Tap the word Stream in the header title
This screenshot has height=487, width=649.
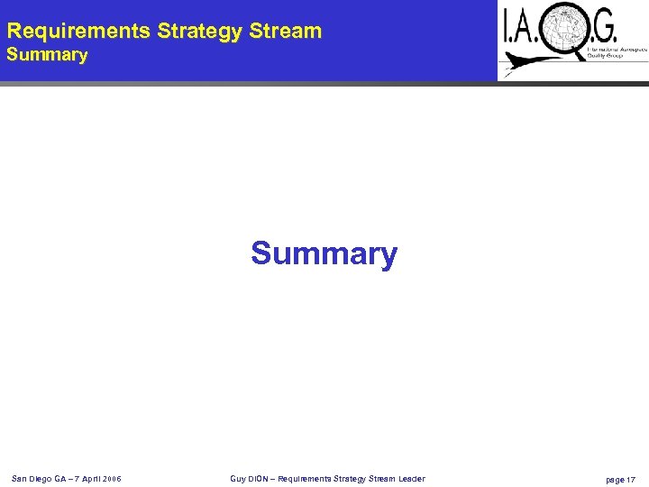coord(286,32)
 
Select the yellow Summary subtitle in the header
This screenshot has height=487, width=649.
coord(48,56)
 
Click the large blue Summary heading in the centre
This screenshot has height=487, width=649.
coord(324,253)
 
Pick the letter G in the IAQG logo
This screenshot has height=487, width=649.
coord(606,31)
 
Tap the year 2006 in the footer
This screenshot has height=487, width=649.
coord(111,478)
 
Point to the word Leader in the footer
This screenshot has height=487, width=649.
coord(411,478)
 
